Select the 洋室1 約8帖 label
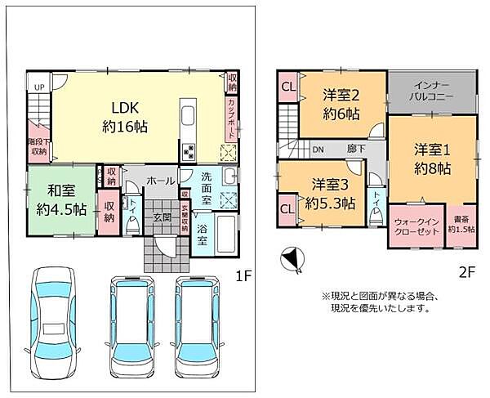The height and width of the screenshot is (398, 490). (x=433, y=159)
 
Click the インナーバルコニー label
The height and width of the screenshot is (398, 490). (x=431, y=91)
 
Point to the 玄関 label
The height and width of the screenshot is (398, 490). (x=159, y=217)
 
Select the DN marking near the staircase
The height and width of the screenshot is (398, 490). (x=318, y=150)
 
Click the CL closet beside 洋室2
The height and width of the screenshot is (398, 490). (x=287, y=87)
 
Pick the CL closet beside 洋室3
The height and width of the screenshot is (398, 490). (x=287, y=208)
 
